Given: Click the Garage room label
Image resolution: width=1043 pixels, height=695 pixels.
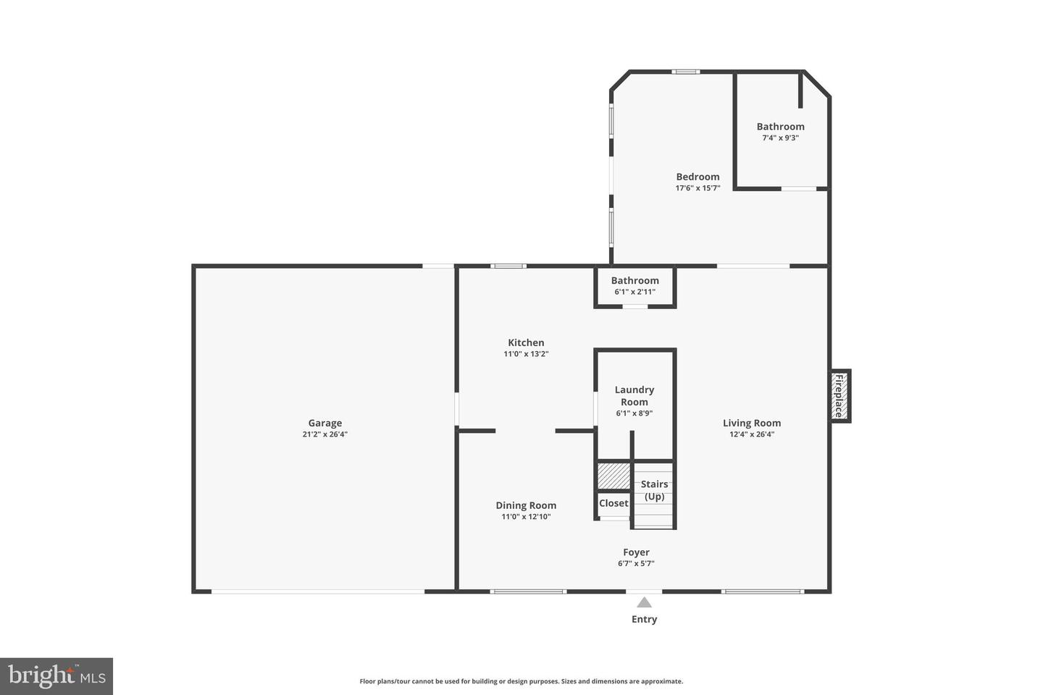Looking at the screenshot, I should pyautogui.click(x=324, y=423).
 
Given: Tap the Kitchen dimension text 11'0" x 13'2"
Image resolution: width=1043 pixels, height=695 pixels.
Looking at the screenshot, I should pyautogui.click(x=526, y=354).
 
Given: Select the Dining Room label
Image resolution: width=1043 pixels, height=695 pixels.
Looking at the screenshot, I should pyautogui.click(x=526, y=505).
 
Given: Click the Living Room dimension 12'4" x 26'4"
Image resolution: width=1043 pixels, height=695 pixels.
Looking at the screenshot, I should pyautogui.click(x=752, y=434).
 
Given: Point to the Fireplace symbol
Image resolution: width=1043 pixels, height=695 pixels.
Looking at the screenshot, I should pyautogui.click(x=839, y=396).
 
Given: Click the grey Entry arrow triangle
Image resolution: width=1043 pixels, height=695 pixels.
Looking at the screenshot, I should pyautogui.click(x=644, y=602).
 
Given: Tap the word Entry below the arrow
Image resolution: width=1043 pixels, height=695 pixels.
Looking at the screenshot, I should pyautogui.click(x=644, y=619).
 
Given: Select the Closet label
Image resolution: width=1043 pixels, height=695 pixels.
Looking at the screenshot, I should pyautogui.click(x=613, y=503).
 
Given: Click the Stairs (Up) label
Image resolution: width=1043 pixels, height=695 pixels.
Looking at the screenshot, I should pyautogui.click(x=654, y=490).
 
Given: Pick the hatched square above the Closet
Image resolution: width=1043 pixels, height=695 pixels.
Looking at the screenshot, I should pyautogui.click(x=613, y=475).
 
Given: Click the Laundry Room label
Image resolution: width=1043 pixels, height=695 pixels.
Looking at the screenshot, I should pyautogui.click(x=634, y=395).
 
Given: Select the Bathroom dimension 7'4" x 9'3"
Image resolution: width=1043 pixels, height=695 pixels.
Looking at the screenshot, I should pyautogui.click(x=780, y=138).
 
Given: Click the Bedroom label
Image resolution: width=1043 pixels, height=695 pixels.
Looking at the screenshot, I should pyautogui.click(x=698, y=177).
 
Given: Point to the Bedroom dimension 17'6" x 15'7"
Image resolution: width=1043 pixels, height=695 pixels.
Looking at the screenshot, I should pyautogui.click(x=698, y=188).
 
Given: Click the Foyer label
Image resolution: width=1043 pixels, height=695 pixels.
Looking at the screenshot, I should pyautogui.click(x=636, y=552).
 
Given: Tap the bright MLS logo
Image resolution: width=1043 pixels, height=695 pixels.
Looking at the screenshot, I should pyautogui.click(x=56, y=676).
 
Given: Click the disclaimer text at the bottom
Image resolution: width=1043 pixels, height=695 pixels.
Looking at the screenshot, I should pyautogui.click(x=521, y=681).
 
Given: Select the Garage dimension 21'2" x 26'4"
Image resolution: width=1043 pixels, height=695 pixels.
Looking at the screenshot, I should pyautogui.click(x=324, y=434).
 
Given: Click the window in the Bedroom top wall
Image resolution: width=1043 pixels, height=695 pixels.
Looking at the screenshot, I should pyautogui.click(x=685, y=72).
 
